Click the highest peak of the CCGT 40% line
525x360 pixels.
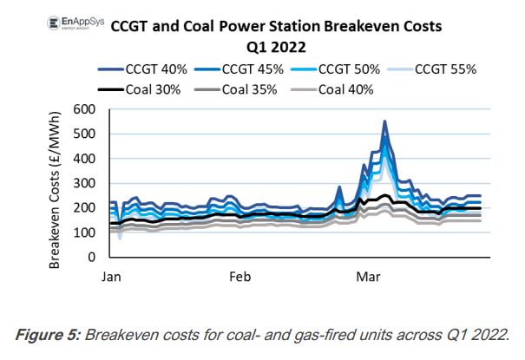point(384,122)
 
